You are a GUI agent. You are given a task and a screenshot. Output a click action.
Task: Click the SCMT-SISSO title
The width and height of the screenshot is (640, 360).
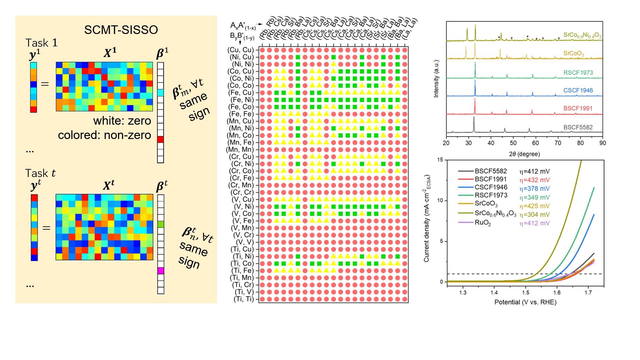pyautogui.click(x=121, y=30)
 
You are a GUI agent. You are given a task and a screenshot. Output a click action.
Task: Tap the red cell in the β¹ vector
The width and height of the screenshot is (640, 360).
pyautogui.click(x=160, y=139)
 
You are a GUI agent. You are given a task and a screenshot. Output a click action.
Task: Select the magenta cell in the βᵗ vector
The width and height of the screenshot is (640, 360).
pyautogui.click(x=161, y=271)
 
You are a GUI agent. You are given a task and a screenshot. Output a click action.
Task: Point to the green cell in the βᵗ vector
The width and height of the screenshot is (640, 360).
pyautogui.click(x=161, y=224)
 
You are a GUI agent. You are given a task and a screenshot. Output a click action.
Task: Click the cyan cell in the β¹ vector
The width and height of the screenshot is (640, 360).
pyautogui.click(x=160, y=92)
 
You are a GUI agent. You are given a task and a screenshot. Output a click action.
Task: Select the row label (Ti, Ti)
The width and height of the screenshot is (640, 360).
pyautogui.click(x=244, y=299)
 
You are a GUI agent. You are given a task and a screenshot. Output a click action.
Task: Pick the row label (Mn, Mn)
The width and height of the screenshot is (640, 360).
pyautogui.click(x=240, y=149)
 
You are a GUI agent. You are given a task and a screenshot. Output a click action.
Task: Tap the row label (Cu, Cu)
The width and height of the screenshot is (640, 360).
pyautogui.click(x=241, y=50)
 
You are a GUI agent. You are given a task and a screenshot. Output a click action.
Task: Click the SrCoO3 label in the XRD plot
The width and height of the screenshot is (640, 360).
pyautogui.click(x=574, y=53)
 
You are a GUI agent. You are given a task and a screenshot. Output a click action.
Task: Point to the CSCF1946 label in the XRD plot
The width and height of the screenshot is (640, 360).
pyautogui.click(x=578, y=90)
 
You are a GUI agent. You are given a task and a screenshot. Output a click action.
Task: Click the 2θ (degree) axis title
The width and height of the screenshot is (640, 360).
pyautogui.click(x=524, y=154)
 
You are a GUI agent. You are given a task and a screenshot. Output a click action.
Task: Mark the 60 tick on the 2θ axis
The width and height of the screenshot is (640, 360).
pyautogui.click(x=535, y=143)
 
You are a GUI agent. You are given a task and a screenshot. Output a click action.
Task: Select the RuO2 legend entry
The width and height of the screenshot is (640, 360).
pyautogui.click(x=483, y=223)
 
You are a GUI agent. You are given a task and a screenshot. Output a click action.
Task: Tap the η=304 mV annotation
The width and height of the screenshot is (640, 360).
pyautogui.click(x=534, y=215)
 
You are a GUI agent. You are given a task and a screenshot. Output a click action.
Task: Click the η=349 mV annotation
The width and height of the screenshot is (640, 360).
pyautogui.click(x=534, y=197)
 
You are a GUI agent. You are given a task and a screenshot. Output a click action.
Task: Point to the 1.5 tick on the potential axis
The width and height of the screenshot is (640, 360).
pyautogui.click(x=526, y=293)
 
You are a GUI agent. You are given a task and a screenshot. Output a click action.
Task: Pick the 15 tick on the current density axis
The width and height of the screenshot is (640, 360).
pyautogui.click(x=440, y=160)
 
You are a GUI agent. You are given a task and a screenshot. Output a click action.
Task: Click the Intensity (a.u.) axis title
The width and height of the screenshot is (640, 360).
pyautogui.click(x=436, y=79)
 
